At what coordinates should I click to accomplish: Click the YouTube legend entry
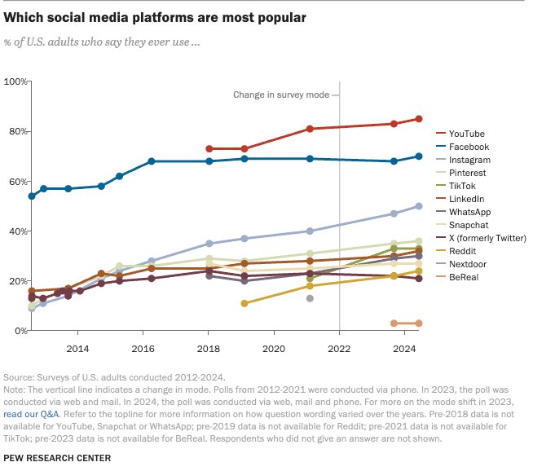tap(466, 134)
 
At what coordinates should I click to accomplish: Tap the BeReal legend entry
tap(464, 277)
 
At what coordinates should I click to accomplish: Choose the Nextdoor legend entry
tap(468, 264)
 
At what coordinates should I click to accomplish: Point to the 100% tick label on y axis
tap(16, 81)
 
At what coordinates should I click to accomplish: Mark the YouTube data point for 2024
tap(419, 119)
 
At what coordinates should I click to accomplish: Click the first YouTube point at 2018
tap(209, 149)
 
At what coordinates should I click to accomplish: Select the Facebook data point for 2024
tap(419, 156)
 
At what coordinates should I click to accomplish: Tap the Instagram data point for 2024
tap(419, 206)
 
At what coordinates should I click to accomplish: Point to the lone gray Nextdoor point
tap(310, 298)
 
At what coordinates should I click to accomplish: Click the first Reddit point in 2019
tap(244, 303)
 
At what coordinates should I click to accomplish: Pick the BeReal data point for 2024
tap(419, 324)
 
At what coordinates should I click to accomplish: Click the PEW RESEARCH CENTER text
tap(58, 458)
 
